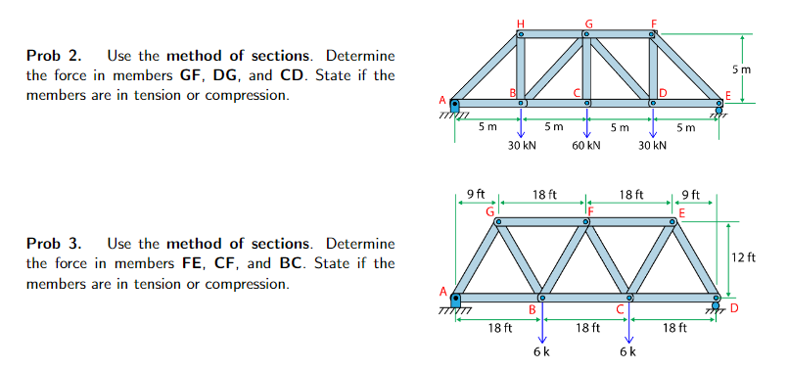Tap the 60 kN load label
pyautogui.click(x=586, y=146)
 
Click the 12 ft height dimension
pyautogui.click(x=744, y=258)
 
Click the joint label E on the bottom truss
pyautogui.click(x=681, y=211)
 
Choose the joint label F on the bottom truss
pyautogui.click(x=591, y=210)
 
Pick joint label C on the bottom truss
pyautogui.click(x=620, y=309)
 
